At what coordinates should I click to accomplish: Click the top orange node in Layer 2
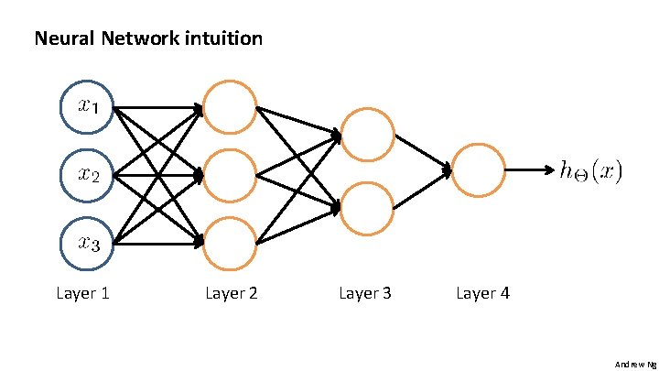(230, 106)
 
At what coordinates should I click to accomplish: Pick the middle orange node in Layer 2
(230, 174)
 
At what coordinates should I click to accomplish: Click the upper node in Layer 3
(367, 136)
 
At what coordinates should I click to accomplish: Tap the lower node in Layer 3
(367, 207)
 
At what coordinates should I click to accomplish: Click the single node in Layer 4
(479, 170)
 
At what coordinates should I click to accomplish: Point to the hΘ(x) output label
(590, 171)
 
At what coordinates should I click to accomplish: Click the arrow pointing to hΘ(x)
(529, 170)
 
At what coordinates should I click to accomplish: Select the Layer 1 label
(83, 293)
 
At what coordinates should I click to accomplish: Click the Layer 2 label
(232, 293)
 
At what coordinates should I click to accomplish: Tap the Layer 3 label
(365, 293)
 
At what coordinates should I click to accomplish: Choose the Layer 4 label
(482, 293)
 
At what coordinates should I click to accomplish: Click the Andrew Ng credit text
(635, 364)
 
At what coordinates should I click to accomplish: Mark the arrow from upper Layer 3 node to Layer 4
(423, 153)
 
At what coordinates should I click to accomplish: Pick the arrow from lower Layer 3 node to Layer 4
(423, 190)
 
